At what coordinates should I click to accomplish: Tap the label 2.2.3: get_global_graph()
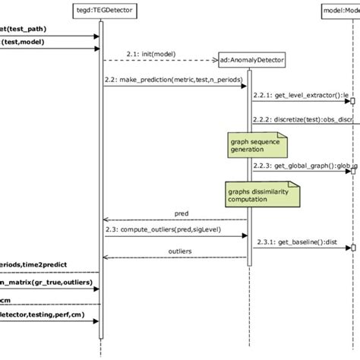coord(304,166)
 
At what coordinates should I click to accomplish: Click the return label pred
coord(182,215)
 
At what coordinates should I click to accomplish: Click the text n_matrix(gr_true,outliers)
coord(39,283)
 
